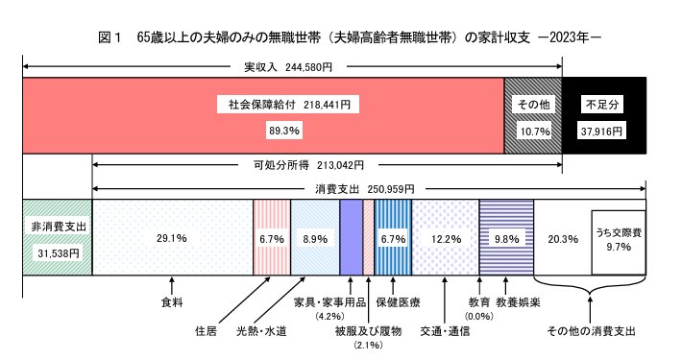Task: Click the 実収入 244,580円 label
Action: [x=287, y=68]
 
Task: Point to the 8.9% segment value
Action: [x=314, y=238]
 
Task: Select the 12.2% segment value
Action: [x=445, y=238]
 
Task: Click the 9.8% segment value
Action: [x=505, y=238]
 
